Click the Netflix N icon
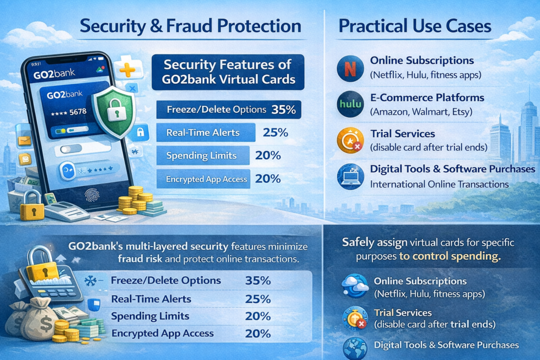coord(350,69)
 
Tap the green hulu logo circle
coord(350,104)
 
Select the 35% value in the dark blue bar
coord(283,110)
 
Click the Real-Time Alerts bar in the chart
coord(206,132)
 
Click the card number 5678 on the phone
coord(78,112)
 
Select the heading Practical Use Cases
coord(414,26)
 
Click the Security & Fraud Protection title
coord(190,26)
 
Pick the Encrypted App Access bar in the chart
coord(203,179)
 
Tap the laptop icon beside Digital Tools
coord(350,177)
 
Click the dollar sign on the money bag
coord(46,324)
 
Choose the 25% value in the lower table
coord(258,299)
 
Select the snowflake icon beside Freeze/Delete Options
coord(91,281)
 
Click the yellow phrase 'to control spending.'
coord(450,256)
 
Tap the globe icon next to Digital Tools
coord(355,348)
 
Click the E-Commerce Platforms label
coord(427,98)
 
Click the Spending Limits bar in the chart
coord(203,155)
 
